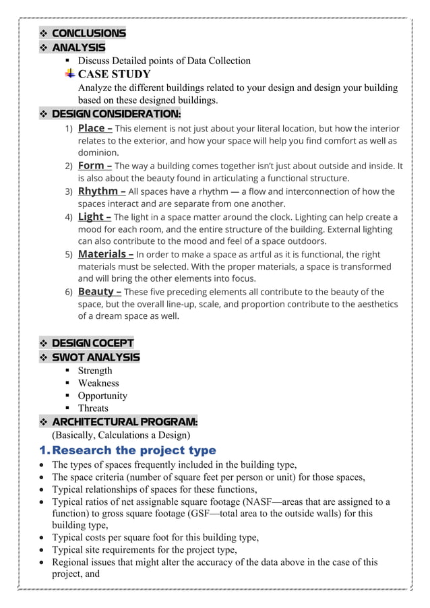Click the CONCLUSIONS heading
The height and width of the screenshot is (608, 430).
[x=88, y=33]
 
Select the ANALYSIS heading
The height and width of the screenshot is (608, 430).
[x=78, y=47]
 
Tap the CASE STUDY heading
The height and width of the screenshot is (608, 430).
[x=114, y=73]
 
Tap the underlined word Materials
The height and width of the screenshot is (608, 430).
[x=105, y=254]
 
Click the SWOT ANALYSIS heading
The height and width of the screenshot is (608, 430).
[x=96, y=357]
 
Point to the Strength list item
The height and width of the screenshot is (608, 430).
[x=95, y=371]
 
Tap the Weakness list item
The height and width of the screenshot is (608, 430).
[x=98, y=383]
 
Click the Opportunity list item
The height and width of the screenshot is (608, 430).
[x=102, y=396]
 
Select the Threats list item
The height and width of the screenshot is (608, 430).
[x=92, y=408]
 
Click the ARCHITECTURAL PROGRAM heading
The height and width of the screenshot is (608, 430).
[x=125, y=422]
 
